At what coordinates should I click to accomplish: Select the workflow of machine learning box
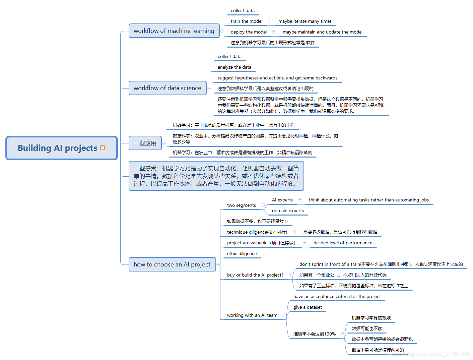pyautogui.click(x=174, y=31)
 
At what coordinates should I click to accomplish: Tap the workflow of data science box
pyautogui.click(x=167, y=88)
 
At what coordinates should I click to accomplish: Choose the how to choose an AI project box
pyautogui.click(x=172, y=264)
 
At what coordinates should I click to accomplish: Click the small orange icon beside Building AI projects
pyautogui.click(x=103, y=148)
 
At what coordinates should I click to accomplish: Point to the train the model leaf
pyautogui.click(x=247, y=21)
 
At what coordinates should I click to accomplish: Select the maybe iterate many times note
pyautogui.click(x=305, y=21)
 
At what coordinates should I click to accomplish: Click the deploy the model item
pyautogui.click(x=249, y=32)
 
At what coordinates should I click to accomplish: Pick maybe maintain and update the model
pyautogui.click(x=323, y=32)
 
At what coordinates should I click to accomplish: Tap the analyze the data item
pyautogui.click(x=234, y=67)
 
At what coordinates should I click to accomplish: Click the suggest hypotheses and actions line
pyautogui.click(x=277, y=78)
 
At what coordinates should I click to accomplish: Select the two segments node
pyautogui.click(x=242, y=205)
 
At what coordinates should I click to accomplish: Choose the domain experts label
pyautogui.click(x=288, y=211)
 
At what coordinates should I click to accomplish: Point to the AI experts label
pyautogui.click(x=282, y=200)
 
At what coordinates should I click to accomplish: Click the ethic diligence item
pyautogui.click(x=242, y=254)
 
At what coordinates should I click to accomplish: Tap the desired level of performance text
pyautogui.click(x=343, y=243)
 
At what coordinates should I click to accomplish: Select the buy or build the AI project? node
pyautogui.click(x=255, y=275)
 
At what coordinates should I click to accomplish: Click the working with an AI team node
pyautogui.click(x=252, y=315)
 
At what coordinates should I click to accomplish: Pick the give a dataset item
pyautogui.click(x=308, y=307)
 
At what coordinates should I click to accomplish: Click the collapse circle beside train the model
pyautogui.click(x=269, y=21)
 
